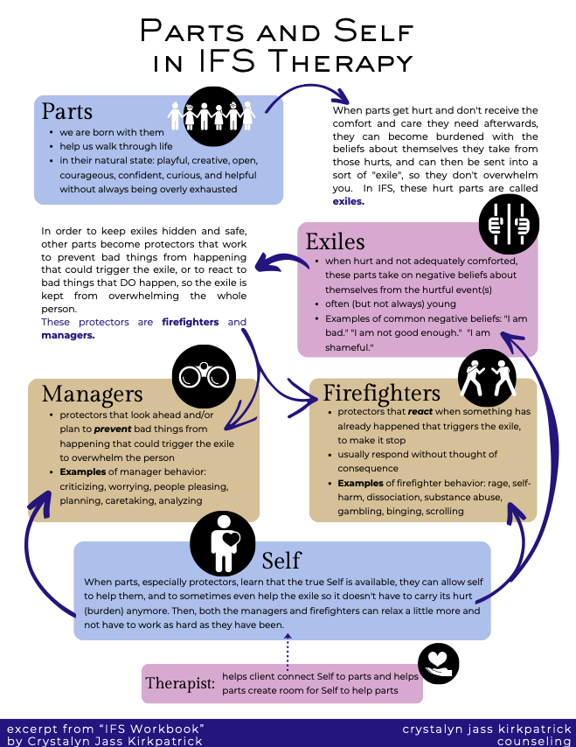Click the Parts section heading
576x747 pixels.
pyautogui.click(x=66, y=111)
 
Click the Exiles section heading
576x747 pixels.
pyautogui.click(x=337, y=240)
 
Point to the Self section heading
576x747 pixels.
pyautogui.click(x=281, y=559)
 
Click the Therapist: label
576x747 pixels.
pyautogui.click(x=180, y=683)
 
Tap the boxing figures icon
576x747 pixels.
pyautogui.click(x=484, y=375)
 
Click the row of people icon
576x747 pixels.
pyautogui.click(x=211, y=115)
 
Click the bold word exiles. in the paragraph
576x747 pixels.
pyautogui.click(x=348, y=200)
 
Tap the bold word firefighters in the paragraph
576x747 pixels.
pyautogui.click(x=191, y=322)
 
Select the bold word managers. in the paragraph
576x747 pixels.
pyautogui.click(x=67, y=334)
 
